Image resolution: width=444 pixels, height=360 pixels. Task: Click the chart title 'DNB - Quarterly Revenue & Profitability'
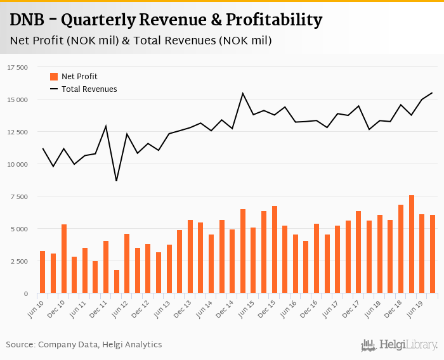[166, 20]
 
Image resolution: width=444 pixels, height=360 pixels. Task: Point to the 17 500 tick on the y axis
[17, 67]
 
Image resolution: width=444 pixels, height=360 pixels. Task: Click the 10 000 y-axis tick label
[17, 164]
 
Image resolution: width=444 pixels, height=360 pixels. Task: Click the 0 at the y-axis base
[26, 293]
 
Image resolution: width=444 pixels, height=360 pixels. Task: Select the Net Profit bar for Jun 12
[127, 264]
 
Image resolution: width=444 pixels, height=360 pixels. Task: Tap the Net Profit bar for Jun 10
[42, 272]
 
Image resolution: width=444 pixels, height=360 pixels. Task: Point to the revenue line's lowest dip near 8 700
[116, 181]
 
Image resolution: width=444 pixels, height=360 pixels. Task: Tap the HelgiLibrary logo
[400, 345]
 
